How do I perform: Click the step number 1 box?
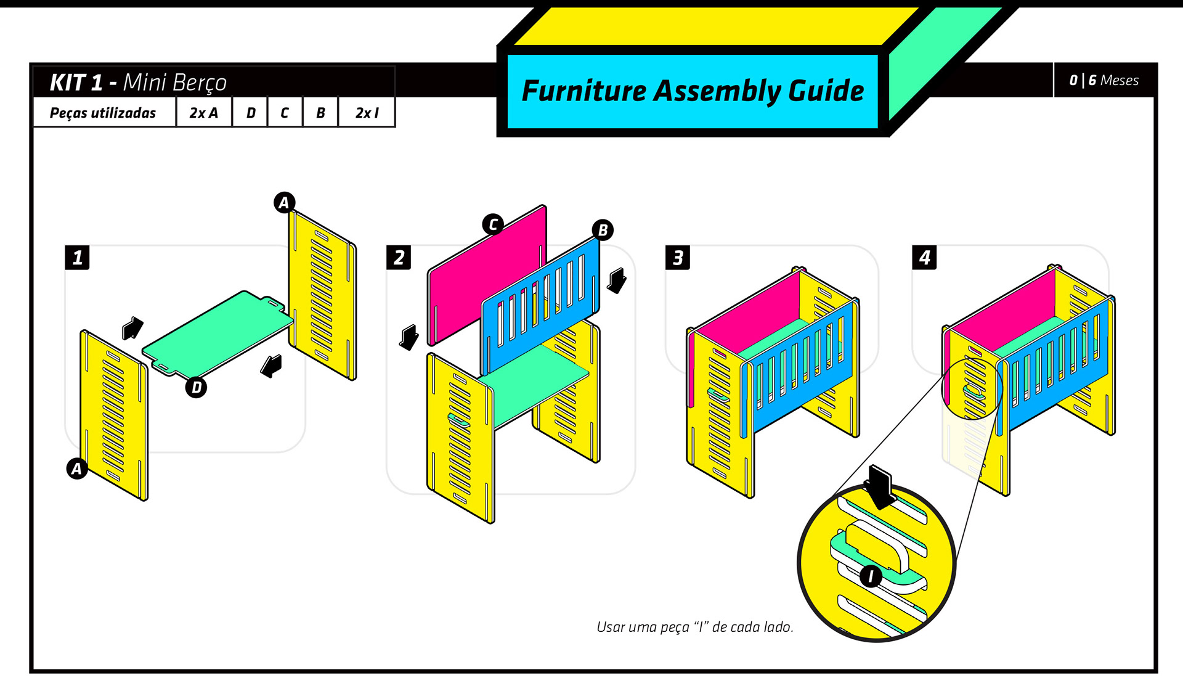[77, 257]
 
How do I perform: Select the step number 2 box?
[399, 257]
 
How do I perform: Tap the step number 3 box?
[678, 257]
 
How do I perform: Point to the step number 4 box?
[924, 257]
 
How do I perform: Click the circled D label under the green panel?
[197, 387]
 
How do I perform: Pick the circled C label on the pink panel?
[493, 224]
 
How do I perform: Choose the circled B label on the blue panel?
[603, 230]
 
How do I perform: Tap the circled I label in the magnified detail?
[871, 576]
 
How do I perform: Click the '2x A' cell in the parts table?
[204, 113]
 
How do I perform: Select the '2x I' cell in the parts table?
[367, 113]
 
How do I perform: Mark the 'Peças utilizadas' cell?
[103, 113]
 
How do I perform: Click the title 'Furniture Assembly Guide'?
[693, 91]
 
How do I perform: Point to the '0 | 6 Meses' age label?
[1104, 80]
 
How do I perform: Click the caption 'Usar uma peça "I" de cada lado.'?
[695, 627]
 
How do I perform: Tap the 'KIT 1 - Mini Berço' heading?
[138, 82]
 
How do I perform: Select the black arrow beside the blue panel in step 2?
[617, 280]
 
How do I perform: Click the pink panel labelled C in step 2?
[487, 274]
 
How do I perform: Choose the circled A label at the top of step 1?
[284, 202]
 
